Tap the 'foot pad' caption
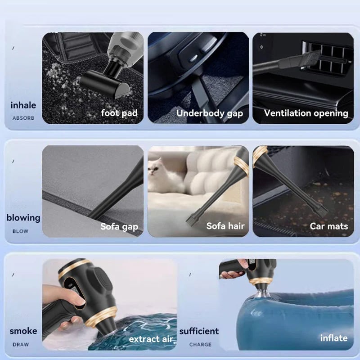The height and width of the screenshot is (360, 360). (119, 113)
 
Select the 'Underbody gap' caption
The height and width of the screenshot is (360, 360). (210, 113)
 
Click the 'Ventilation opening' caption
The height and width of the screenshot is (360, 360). (306, 113)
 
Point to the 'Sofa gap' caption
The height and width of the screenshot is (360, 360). (119, 227)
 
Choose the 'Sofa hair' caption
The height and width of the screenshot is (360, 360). (225, 226)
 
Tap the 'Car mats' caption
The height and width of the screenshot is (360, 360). (329, 226)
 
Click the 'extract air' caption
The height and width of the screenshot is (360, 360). (151, 339)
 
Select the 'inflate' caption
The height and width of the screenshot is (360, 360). (334, 338)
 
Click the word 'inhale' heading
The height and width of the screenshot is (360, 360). (23, 105)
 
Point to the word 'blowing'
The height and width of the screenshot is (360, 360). (23, 218)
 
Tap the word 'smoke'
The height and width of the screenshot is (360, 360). (23, 331)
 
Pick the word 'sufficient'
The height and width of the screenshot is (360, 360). (199, 331)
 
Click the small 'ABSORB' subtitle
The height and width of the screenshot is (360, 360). (23, 118)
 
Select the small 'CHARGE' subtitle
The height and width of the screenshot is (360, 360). (200, 344)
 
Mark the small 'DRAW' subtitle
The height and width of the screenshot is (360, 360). (21, 344)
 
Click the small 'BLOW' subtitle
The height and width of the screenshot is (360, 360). (20, 231)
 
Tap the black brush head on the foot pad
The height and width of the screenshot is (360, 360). (104, 84)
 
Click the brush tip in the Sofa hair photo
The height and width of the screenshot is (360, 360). (191, 218)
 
